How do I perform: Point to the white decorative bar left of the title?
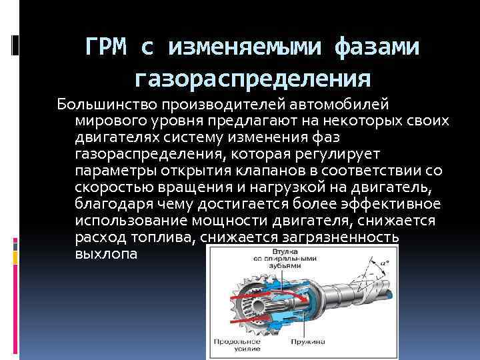pos(16,45)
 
